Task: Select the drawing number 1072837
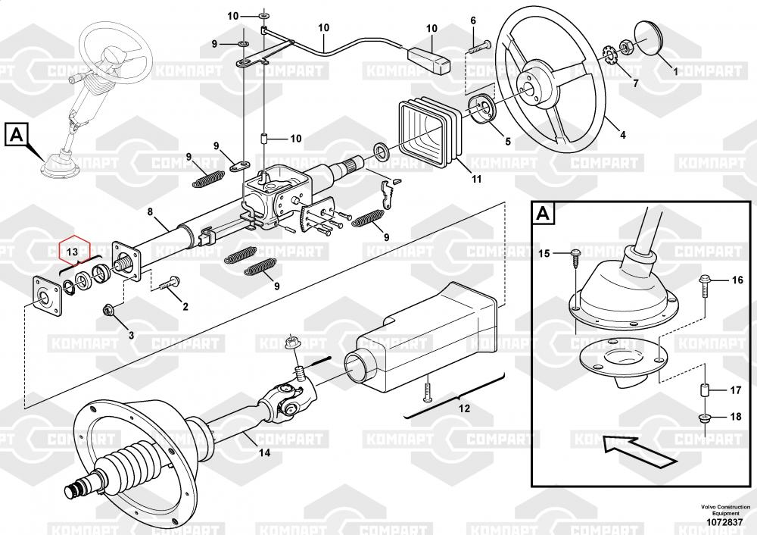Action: tap(724, 522)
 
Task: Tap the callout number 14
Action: tap(264, 453)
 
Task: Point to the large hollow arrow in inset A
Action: tap(640, 450)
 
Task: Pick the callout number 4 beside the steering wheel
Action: tap(623, 135)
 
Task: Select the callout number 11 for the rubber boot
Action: tap(476, 180)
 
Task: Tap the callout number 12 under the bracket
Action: tap(464, 409)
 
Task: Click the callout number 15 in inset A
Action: tap(544, 253)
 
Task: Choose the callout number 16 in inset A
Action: tap(737, 280)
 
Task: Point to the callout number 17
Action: tap(735, 390)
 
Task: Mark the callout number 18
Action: tap(735, 416)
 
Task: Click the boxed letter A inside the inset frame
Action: tap(544, 213)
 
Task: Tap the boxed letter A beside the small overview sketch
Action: tap(17, 134)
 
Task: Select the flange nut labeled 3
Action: tap(107, 309)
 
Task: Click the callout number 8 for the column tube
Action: tap(150, 211)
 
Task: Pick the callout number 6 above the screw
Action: tap(473, 20)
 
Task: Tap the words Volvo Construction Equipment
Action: tap(726, 510)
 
